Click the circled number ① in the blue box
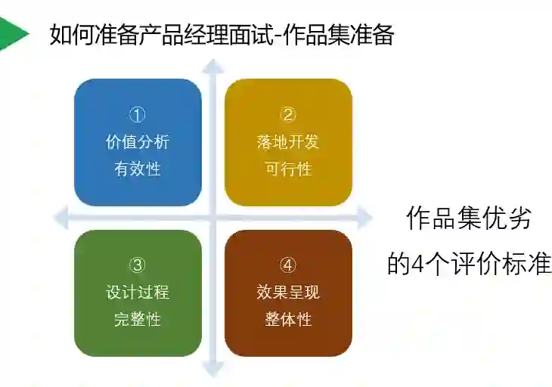pos(138,115)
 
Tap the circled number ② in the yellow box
pos(288,115)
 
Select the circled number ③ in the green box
pos(138,265)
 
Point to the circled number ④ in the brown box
pos(288,265)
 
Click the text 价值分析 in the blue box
pos(138,141)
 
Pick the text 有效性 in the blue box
pos(138,169)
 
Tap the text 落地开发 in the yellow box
pos(288,141)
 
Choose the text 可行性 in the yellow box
pos(288,169)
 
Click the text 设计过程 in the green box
pos(138,292)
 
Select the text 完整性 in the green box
pos(138,319)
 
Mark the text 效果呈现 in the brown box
pos(288,292)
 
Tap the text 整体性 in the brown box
pos(288,319)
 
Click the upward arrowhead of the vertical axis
pos(214,67)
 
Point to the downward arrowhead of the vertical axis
pos(214,370)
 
